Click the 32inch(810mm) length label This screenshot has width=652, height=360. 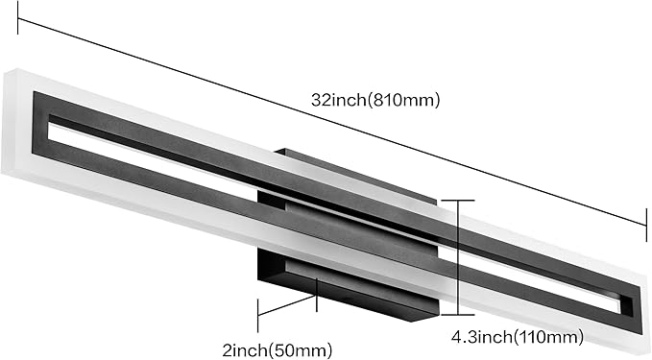point(375,100)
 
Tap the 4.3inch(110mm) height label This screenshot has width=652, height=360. point(518,336)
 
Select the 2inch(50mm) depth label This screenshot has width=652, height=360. point(278,350)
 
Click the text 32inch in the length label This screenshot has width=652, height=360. point(338,100)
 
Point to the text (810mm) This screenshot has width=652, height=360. point(402,100)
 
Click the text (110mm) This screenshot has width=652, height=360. point(549,336)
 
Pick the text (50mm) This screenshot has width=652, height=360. point(300,350)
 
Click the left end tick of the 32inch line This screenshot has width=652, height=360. point(17,17)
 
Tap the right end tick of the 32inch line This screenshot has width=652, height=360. point(646,225)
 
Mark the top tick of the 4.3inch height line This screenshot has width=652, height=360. point(458,201)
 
